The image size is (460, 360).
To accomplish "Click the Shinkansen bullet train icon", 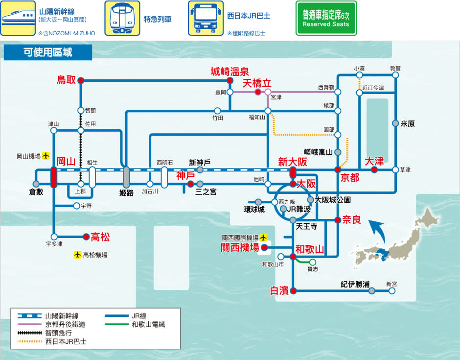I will (18, 18).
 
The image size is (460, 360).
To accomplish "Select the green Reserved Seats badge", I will (326, 18).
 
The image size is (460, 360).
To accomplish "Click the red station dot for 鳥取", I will (81, 80).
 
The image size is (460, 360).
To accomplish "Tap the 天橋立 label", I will (257, 83).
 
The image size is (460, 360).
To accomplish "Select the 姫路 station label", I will (126, 192).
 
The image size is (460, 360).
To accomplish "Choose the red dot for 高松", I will (86, 237).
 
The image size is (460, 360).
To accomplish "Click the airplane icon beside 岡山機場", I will (46, 156).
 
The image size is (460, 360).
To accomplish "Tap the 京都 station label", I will (350, 177).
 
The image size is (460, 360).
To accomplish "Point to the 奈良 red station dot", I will (338, 220).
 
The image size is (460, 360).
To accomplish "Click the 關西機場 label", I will (240, 248).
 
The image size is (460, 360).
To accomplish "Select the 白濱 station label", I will (279, 291).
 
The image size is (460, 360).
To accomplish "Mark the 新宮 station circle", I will (392, 291).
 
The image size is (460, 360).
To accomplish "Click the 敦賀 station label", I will (395, 68).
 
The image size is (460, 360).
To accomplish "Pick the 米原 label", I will (407, 124).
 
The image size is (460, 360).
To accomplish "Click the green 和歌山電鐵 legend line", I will (115, 324).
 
